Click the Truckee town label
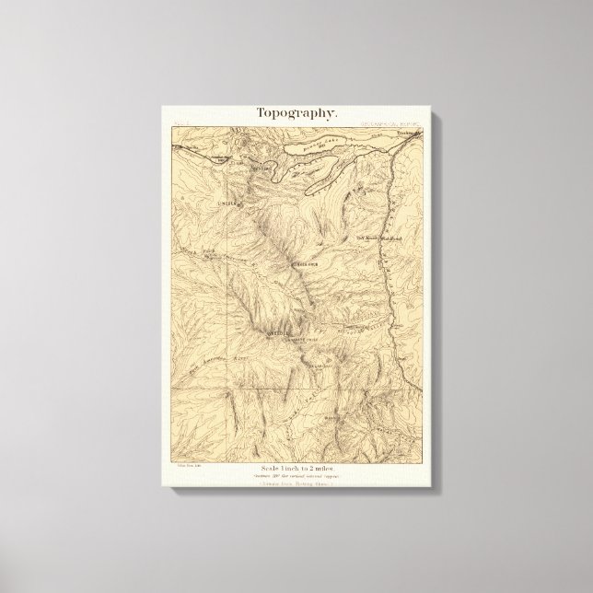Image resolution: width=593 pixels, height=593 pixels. (406, 134)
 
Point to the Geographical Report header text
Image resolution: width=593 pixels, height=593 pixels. (392, 122)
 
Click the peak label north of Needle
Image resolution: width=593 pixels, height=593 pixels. (304, 264)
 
